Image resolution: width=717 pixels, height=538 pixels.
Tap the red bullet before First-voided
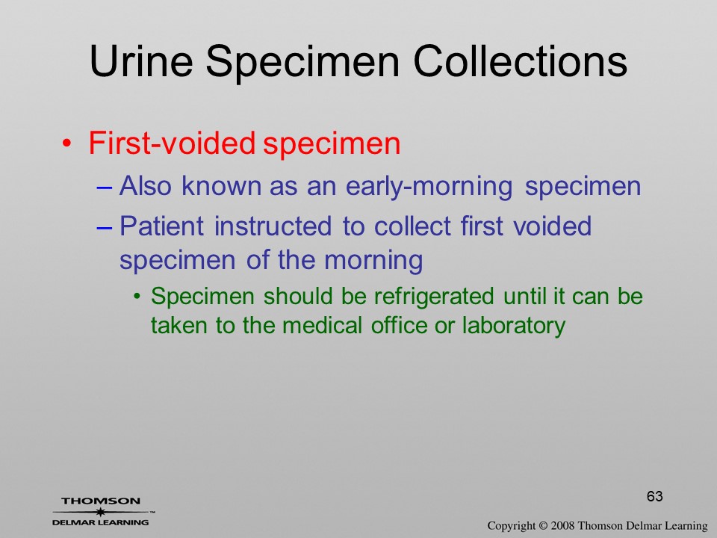click(x=66, y=143)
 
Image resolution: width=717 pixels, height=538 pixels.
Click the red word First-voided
click(x=172, y=143)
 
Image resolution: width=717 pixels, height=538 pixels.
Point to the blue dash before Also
click(x=105, y=187)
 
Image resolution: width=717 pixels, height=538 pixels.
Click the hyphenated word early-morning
click(x=429, y=187)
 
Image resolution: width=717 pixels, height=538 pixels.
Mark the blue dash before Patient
click(x=105, y=226)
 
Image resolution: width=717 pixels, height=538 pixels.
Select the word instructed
click(x=273, y=226)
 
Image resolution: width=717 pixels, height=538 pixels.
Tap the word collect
click(x=412, y=226)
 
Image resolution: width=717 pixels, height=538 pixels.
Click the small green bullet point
click(x=137, y=297)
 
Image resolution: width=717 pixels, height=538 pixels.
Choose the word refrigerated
click(x=434, y=297)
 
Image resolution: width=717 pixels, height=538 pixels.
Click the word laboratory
click(x=514, y=326)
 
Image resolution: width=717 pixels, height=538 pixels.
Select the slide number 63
click(x=655, y=496)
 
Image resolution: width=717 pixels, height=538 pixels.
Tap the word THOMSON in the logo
click(x=101, y=501)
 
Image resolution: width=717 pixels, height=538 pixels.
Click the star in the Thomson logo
click(x=101, y=511)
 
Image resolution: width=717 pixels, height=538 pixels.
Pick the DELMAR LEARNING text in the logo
click(x=101, y=522)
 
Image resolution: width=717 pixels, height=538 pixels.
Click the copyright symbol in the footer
click(x=543, y=526)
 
